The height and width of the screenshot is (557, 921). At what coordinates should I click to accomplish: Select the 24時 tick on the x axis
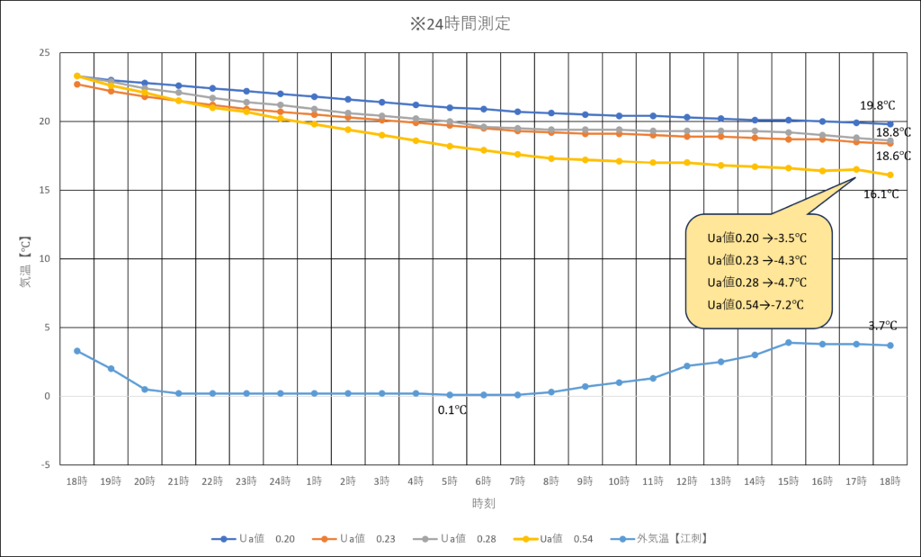coord(280,481)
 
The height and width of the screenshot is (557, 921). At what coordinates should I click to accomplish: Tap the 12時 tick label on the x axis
coord(686,481)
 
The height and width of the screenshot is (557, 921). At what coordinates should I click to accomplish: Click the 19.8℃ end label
coord(877,105)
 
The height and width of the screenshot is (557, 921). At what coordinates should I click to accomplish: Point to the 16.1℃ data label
coord(881,193)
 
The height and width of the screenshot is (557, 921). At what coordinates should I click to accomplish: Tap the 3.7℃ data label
coord(881,326)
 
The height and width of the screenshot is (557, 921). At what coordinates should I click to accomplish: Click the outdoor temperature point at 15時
coord(788,343)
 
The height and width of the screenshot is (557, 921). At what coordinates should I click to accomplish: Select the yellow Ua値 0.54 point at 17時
coord(856,169)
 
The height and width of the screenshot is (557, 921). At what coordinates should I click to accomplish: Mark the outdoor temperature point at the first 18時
coord(77,351)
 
